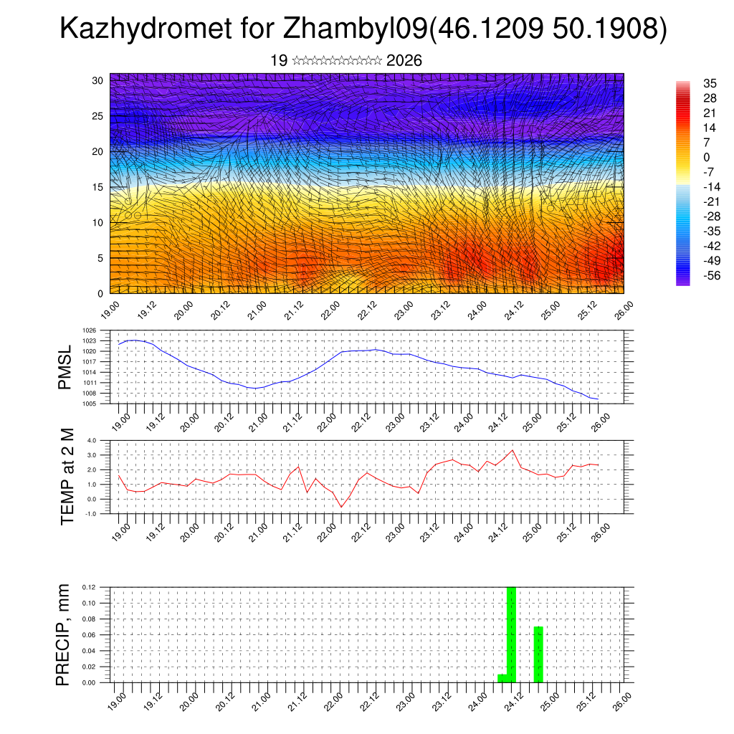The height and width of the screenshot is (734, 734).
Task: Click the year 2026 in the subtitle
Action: [x=404, y=61]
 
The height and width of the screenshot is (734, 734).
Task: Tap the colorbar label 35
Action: [x=690, y=84]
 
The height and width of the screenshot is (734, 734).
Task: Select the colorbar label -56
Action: [x=692, y=276]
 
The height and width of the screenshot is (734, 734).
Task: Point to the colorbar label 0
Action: [x=687, y=157]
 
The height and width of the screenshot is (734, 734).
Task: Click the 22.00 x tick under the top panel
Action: [x=330, y=310]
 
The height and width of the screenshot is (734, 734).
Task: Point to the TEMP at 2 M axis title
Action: [x=67, y=476]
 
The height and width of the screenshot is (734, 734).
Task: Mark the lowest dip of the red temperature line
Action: [x=341, y=507]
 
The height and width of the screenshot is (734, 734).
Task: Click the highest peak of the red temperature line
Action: [x=512, y=451]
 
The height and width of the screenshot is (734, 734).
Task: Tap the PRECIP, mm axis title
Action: [x=65, y=634]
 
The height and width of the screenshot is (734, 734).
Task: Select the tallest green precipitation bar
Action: [x=511, y=634]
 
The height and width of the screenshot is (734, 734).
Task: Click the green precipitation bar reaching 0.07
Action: [x=538, y=654]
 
